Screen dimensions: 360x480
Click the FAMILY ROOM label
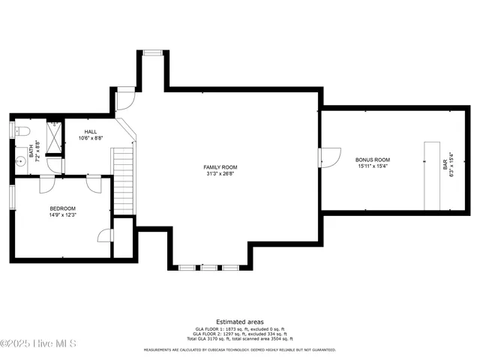pos(220,166)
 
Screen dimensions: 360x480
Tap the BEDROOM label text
pos(63,208)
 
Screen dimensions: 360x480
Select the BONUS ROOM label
pos(373,160)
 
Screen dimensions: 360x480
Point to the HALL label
pos(91,132)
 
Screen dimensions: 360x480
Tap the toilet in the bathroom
pos(22,131)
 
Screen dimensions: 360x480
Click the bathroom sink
pos(20,160)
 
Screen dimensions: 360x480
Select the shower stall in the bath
pos(55,136)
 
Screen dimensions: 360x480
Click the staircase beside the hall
pos(122,180)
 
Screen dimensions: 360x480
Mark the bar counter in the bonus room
pos(432,175)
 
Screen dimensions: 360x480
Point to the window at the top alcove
pos(152,52)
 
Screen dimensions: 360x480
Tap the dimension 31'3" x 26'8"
pos(220,173)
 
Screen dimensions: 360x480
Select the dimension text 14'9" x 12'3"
pos(63,215)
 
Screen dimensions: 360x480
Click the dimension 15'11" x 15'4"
pos(373,166)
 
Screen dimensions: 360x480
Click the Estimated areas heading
pos(240,322)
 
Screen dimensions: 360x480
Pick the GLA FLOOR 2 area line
pos(240,334)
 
